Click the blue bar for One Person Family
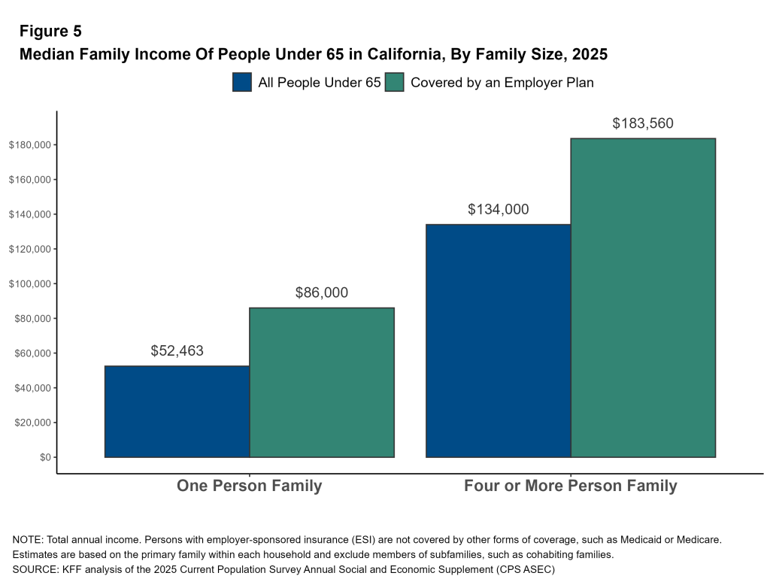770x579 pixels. [177, 411]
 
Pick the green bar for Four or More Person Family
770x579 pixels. [643, 298]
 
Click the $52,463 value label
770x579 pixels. [177, 350]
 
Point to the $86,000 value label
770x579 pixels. [322, 293]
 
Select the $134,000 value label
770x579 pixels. [498, 210]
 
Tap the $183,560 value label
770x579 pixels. [643, 123]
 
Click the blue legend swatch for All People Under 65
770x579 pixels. [242, 83]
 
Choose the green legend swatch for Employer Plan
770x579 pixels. [395, 83]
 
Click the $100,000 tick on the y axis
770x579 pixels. [29, 284]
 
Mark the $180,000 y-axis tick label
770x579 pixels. [29, 145]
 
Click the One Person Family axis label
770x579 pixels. [249, 486]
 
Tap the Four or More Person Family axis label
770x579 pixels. [570, 486]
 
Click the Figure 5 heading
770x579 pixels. [50, 32]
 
